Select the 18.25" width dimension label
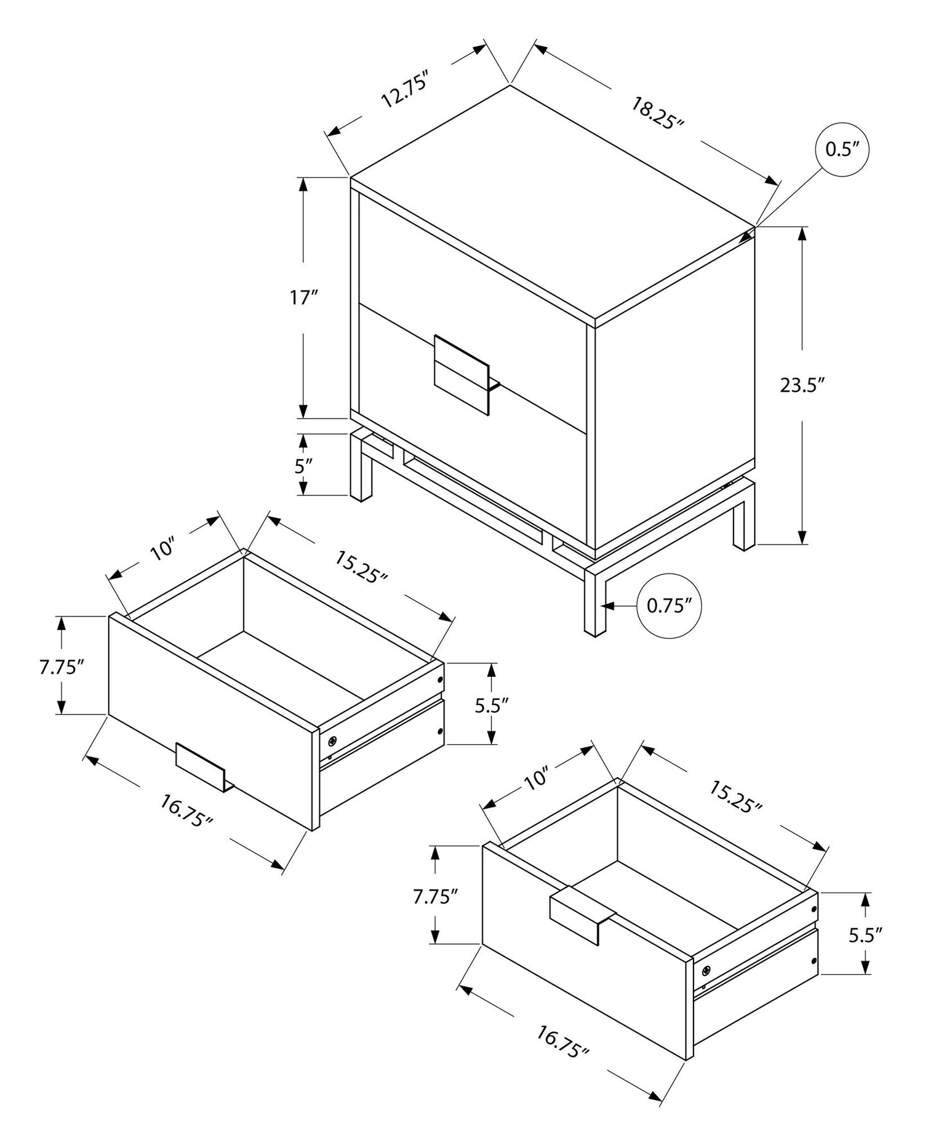pos(656,114)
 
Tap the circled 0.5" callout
pos(842,150)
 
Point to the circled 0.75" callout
pos(669,606)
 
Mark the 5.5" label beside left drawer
pos(492,705)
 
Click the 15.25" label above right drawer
pos(735,797)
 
